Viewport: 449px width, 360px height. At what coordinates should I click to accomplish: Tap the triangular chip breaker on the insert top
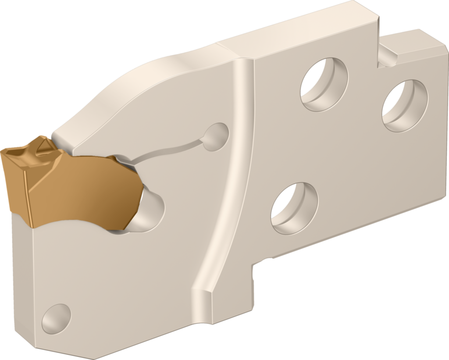44,146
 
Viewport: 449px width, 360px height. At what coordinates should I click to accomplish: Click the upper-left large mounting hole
324,84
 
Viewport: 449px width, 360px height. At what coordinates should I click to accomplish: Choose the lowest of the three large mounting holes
294,208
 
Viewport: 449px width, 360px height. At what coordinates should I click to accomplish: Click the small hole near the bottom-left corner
56,318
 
